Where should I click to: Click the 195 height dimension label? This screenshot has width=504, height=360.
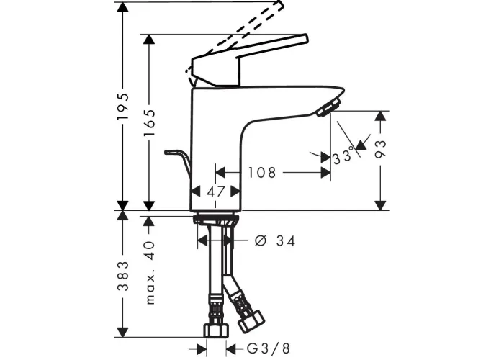click(x=123, y=107)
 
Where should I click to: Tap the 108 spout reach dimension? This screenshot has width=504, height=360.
click(x=261, y=173)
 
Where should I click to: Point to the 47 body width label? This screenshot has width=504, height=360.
click(x=216, y=192)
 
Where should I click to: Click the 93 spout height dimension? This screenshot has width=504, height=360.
click(x=381, y=149)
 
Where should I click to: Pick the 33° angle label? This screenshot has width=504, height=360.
click(x=343, y=157)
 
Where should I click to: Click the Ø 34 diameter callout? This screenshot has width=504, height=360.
click(x=275, y=240)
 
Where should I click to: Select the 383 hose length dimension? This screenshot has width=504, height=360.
click(x=123, y=276)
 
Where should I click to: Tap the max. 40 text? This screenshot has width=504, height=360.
click(x=150, y=273)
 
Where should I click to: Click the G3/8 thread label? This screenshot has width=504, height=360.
click(x=269, y=348)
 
